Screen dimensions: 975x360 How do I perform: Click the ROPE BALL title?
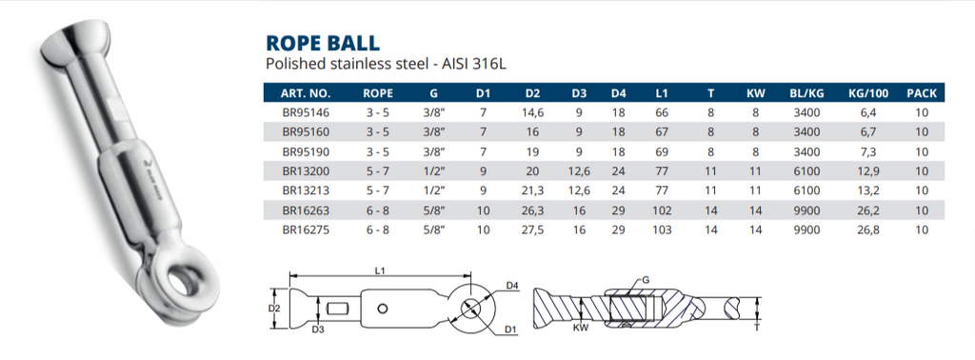tap(322, 43)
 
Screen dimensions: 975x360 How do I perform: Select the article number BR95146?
tap(305, 112)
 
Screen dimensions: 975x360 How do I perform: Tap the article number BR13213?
tap(305, 190)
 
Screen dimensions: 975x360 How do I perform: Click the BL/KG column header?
tap(807, 93)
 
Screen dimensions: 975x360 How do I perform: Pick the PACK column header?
tap(922, 93)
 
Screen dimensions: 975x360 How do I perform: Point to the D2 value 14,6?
tap(532, 112)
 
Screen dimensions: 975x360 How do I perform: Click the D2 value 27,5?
tap(532, 230)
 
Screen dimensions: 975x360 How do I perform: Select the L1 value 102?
tap(663, 210)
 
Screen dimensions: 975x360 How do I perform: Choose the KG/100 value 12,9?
tap(868, 171)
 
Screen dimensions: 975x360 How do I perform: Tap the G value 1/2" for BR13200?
tap(433, 171)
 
